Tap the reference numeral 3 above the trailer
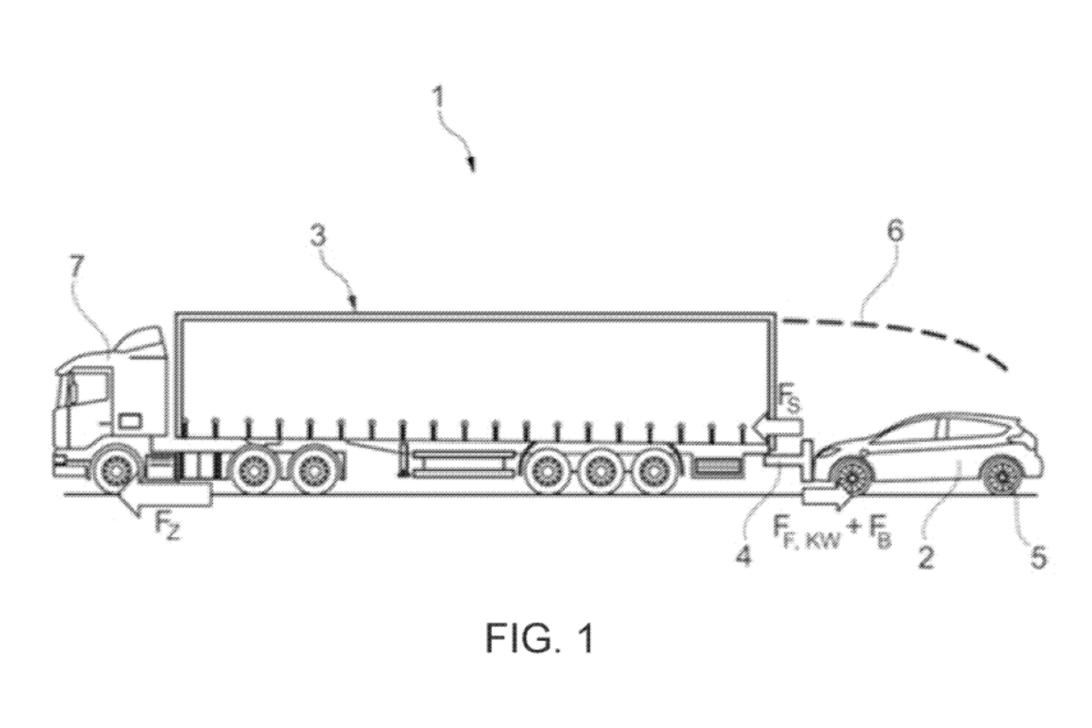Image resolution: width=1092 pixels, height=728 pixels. click(x=318, y=235)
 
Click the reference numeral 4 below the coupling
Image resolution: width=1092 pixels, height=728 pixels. click(x=744, y=556)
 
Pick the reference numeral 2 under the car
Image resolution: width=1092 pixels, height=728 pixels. click(x=926, y=558)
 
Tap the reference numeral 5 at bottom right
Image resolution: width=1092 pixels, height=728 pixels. click(x=1038, y=557)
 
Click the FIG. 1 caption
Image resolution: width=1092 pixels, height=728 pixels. click(x=539, y=639)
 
